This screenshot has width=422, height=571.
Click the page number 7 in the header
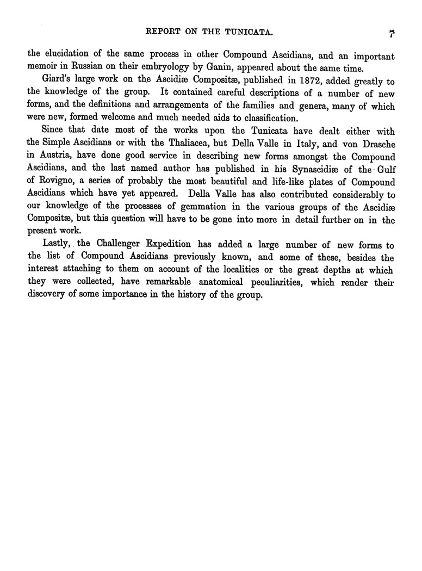(391, 34)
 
